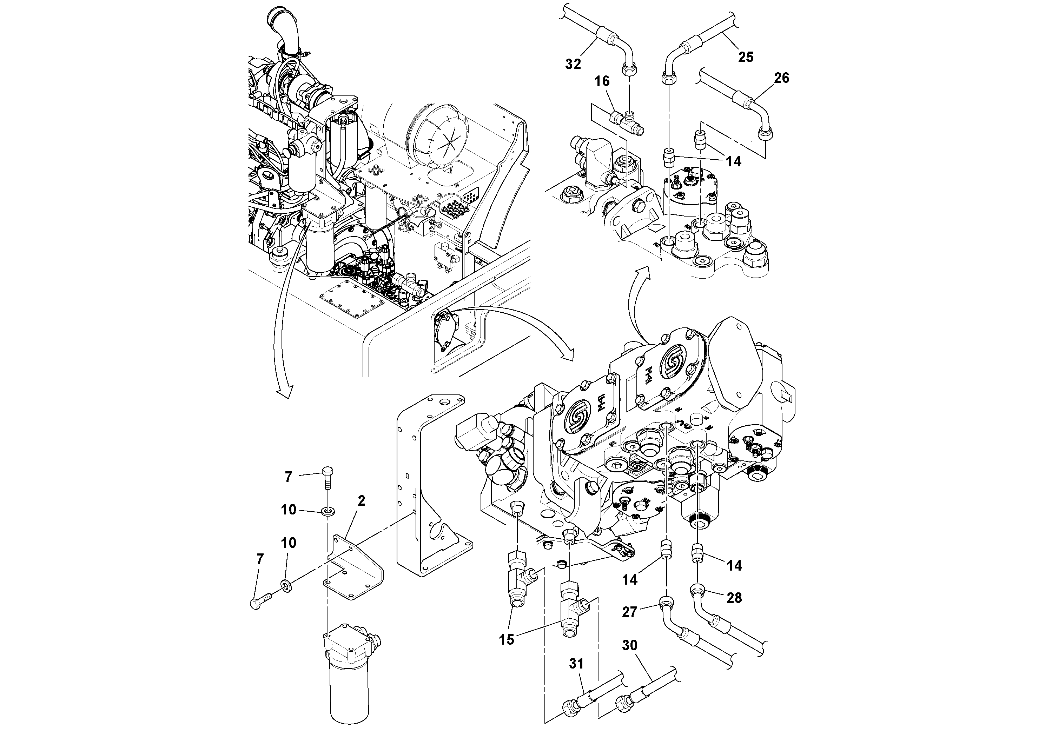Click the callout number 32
[x=573, y=64]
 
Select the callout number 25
[x=746, y=57]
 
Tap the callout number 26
[x=781, y=78]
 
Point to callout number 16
[x=602, y=81]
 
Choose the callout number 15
[x=506, y=639]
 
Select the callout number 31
[x=576, y=664]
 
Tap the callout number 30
[x=629, y=645]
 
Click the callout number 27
[x=629, y=612]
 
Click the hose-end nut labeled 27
[x=666, y=603]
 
